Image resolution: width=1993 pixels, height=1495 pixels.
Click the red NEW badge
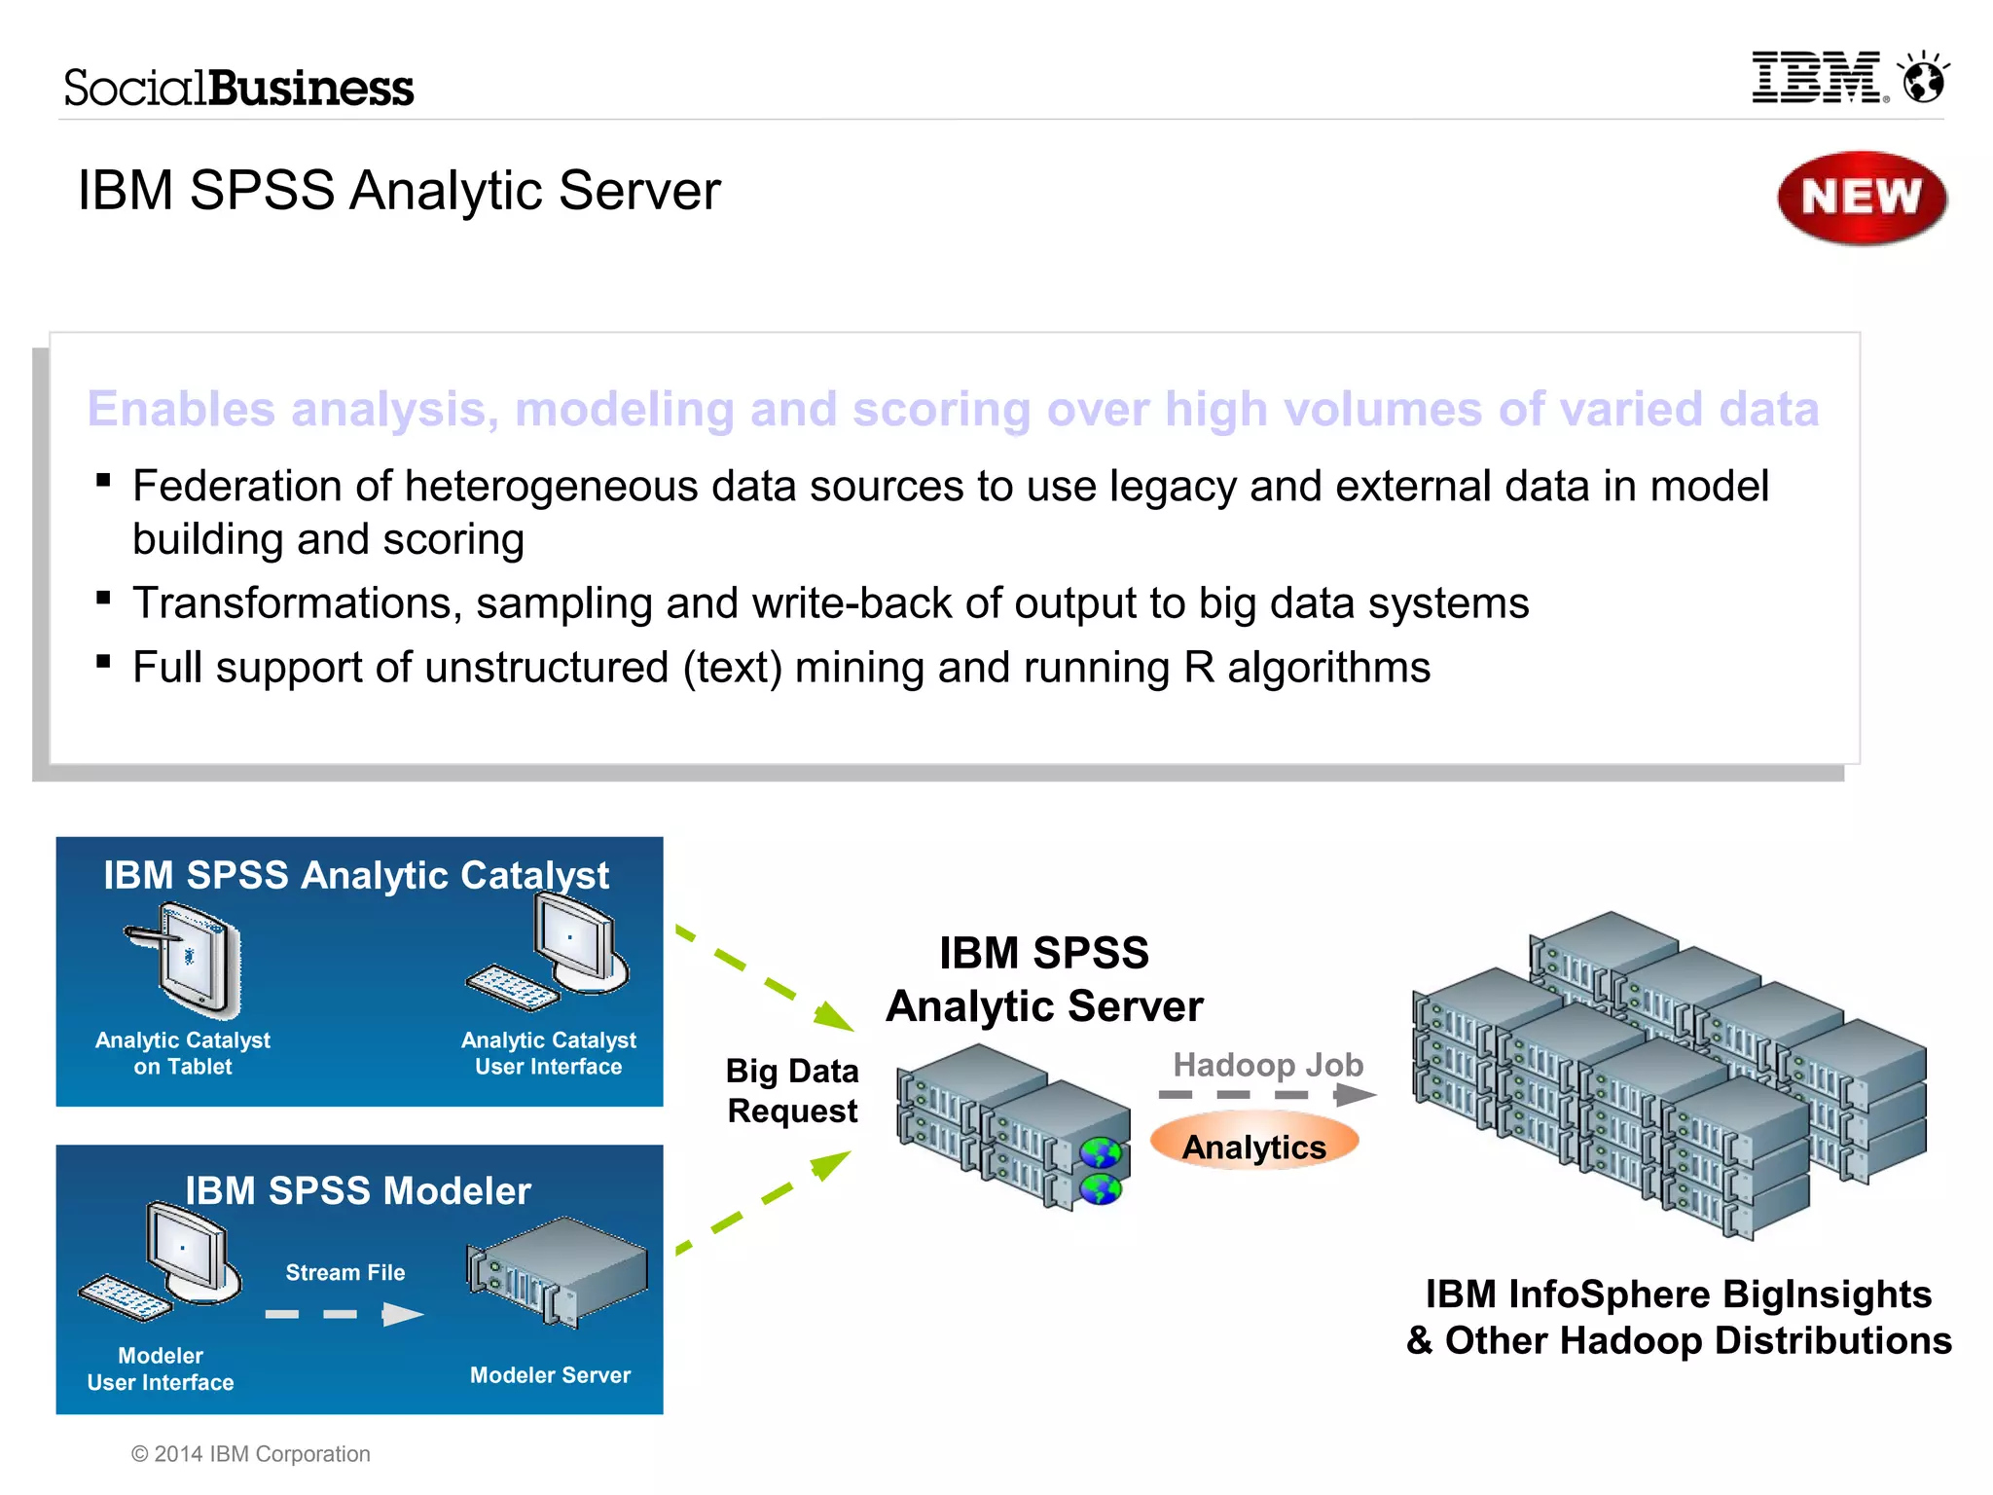coord(1861,198)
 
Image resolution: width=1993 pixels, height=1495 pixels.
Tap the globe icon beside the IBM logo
coord(1924,79)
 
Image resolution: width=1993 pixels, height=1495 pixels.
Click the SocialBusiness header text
coord(238,88)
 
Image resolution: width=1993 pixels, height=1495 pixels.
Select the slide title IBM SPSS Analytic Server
coord(399,190)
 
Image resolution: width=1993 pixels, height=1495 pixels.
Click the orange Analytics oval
coord(1253,1146)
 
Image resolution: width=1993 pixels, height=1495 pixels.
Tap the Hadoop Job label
coord(1267,1064)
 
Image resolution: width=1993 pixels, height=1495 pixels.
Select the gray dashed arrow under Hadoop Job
coord(1265,1095)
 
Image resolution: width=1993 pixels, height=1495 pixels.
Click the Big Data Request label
coord(792,1090)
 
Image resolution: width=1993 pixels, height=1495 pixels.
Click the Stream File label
coord(345,1272)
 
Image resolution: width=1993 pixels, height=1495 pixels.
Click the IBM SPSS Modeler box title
coord(358,1190)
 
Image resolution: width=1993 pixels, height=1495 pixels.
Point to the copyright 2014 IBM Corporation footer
coord(251,1453)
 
